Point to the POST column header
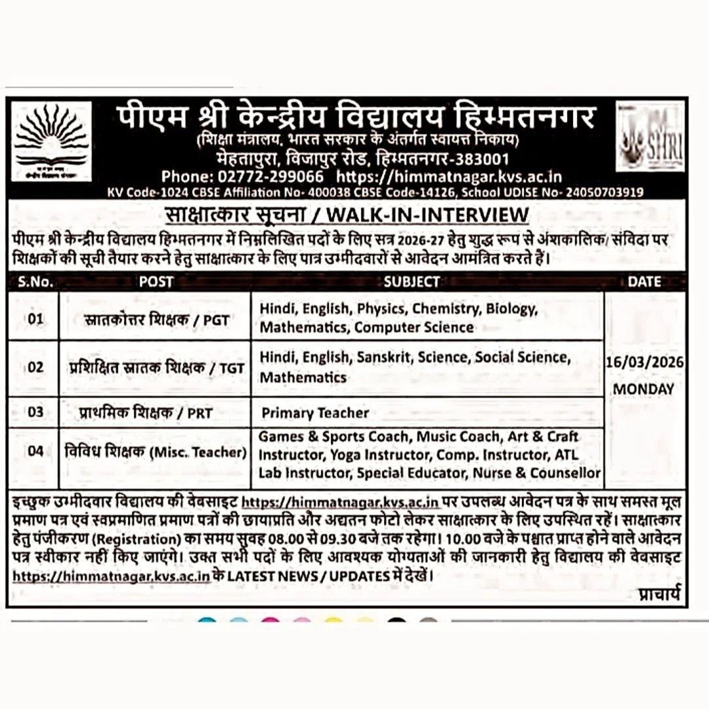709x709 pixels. coord(156,282)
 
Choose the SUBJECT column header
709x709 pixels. coord(412,282)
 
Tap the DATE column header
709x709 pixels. coord(644,282)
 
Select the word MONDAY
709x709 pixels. coord(643,389)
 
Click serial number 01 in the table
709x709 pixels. coord(35,320)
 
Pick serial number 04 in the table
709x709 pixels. coord(35,452)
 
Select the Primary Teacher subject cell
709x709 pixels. coord(315,413)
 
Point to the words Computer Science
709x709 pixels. coord(414,327)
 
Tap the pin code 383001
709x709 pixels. coord(481,160)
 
